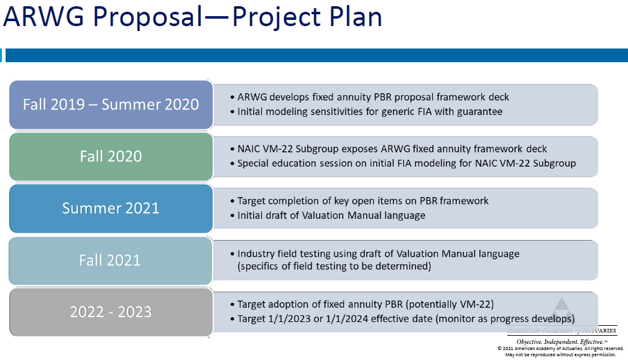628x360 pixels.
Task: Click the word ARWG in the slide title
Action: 44,17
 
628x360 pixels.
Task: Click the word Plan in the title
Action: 356,17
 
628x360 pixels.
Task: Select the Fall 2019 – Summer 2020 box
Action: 111,104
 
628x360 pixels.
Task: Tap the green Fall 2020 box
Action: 111,157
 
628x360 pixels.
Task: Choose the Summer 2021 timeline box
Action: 111,208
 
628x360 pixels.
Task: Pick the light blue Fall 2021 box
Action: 111,261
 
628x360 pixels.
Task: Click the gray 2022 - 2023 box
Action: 111,312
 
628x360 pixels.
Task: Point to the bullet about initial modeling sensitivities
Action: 366,111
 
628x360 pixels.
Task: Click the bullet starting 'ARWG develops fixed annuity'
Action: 370,97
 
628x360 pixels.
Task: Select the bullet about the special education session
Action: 404,164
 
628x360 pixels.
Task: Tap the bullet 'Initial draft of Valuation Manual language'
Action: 328,215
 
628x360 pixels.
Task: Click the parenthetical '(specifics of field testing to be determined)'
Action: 335,266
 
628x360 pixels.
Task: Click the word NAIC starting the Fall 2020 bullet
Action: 249,149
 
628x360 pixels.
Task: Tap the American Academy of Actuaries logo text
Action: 562,330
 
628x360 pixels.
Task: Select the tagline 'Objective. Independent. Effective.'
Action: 561,341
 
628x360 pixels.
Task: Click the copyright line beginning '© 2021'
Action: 561,348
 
